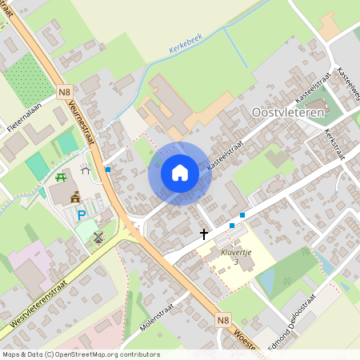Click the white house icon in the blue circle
tap(179, 173)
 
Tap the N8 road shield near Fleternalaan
tap(65, 92)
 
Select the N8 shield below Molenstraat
tap(224, 320)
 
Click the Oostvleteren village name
tap(287, 114)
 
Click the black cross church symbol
tap(204, 234)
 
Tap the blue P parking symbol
tap(81, 214)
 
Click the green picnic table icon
tap(61, 178)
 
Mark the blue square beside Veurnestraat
tap(108, 170)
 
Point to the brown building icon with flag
tap(75, 197)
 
